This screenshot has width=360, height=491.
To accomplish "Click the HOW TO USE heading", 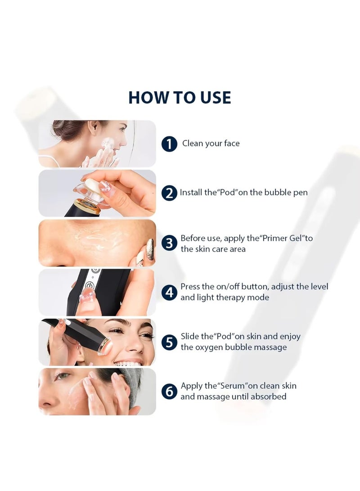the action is (x=180, y=97).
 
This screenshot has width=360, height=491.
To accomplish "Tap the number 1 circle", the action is (x=169, y=144).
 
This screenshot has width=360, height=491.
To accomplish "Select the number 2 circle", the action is (x=169, y=193).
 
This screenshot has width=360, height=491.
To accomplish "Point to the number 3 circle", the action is (x=169, y=243).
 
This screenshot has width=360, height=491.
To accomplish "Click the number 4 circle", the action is (x=169, y=293).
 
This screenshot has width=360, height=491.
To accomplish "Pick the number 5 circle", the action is (x=169, y=342).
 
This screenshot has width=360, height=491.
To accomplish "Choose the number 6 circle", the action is (x=169, y=392).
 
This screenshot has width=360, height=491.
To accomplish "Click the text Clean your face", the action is (x=211, y=144).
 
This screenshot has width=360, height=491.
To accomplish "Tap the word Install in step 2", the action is (x=191, y=192).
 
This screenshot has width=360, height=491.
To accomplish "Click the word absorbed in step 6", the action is (x=268, y=396).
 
